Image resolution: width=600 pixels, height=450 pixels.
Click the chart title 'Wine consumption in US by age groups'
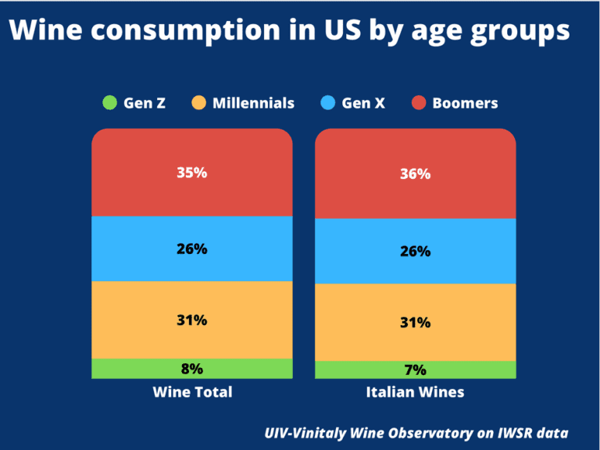pos(290,32)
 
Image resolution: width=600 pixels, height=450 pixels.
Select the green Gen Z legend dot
pos(110,102)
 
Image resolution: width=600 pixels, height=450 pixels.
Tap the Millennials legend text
pos(253,103)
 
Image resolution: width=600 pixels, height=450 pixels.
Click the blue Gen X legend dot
pos(328,102)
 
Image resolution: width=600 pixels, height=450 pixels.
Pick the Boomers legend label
pos(465,103)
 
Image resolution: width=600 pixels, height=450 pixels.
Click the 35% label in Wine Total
pos(191,173)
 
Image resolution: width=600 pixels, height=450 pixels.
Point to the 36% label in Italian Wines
pos(415,174)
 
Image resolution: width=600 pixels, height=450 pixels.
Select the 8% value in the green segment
pos(191,369)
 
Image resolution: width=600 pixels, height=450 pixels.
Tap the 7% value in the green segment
pos(415,370)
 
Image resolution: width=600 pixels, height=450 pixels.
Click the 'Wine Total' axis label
pos(192,392)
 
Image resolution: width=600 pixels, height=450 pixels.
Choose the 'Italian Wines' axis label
pos(415,392)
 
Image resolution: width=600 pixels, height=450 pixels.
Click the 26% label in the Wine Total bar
pos(191,249)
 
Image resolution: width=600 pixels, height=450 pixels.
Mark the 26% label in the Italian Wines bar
pos(415,252)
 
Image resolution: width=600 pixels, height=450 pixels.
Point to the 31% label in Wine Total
pos(191,320)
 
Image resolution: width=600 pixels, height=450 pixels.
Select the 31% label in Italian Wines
pos(415,322)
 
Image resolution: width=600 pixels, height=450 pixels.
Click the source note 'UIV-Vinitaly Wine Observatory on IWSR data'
pos(416,433)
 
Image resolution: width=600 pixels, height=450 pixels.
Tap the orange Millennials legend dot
pos(199,102)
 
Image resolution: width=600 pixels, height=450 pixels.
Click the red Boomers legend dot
pos(419,102)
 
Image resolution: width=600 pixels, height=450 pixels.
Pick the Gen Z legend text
pos(145,103)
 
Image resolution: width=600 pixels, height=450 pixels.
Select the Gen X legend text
pos(363,103)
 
